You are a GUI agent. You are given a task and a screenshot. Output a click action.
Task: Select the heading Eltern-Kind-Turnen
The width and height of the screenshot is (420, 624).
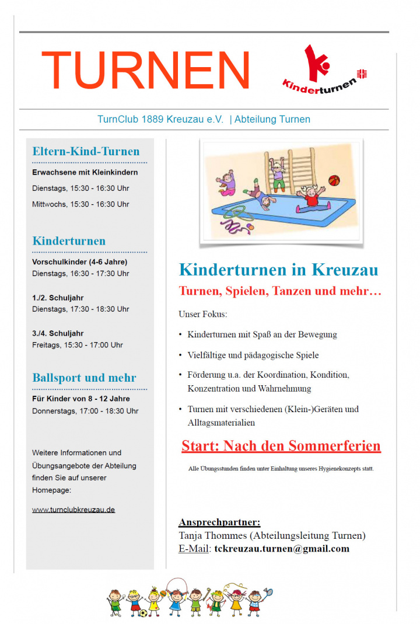(86, 152)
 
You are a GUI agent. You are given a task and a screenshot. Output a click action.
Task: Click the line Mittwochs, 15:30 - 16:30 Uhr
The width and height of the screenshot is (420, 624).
(80, 204)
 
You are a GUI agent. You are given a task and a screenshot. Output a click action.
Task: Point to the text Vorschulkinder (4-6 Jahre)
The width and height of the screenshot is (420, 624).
(80, 262)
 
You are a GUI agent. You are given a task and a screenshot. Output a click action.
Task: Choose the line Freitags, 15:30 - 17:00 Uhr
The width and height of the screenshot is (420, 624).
(78, 345)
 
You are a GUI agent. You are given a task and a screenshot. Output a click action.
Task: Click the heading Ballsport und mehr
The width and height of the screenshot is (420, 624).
(85, 378)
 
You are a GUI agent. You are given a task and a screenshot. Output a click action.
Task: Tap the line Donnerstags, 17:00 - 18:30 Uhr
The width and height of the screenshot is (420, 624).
(85, 411)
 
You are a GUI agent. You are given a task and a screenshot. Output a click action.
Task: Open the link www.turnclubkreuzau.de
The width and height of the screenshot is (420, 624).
(73, 510)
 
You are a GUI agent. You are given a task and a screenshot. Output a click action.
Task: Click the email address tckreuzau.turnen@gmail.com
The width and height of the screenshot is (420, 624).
(282, 549)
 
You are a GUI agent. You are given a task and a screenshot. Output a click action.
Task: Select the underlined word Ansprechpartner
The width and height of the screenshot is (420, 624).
(219, 522)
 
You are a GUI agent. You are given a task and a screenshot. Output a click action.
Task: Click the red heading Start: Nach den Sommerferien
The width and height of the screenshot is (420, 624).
(281, 447)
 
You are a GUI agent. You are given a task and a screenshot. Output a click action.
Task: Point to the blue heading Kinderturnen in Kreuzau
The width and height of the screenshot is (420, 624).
(278, 270)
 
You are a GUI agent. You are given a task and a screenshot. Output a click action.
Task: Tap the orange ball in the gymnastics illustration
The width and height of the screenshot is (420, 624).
(334, 180)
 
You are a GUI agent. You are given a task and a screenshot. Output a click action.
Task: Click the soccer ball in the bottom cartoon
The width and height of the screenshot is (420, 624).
(143, 613)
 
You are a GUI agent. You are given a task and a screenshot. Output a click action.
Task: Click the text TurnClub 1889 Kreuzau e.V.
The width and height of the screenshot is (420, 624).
(160, 119)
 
